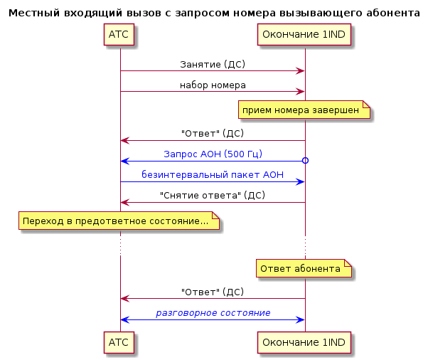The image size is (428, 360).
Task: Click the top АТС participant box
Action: click(x=119, y=34)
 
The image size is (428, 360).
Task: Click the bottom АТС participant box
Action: click(x=119, y=342)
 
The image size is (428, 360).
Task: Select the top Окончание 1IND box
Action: click(x=304, y=34)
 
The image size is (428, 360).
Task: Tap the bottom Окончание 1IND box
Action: click(x=304, y=342)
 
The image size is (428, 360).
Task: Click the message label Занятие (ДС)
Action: click(x=213, y=65)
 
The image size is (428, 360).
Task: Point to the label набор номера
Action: click(x=213, y=85)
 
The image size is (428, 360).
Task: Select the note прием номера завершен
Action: click(x=304, y=110)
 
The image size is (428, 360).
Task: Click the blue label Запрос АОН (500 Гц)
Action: click(x=213, y=154)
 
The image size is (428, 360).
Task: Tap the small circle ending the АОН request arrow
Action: click(x=305, y=161)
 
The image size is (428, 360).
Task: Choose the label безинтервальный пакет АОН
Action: click(x=213, y=174)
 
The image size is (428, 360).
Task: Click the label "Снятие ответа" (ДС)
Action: click(x=213, y=195)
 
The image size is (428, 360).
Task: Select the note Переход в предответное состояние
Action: click(x=119, y=221)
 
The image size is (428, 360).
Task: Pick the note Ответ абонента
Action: click(x=304, y=268)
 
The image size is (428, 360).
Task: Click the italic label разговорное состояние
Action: click(x=213, y=313)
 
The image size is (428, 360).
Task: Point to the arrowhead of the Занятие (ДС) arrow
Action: click(x=301, y=71)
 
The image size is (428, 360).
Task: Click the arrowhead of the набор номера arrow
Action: click(x=301, y=92)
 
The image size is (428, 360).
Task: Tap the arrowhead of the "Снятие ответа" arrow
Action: click(x=124, y=202)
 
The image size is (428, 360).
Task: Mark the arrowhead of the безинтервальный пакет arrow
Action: click(x=301, y=182)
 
